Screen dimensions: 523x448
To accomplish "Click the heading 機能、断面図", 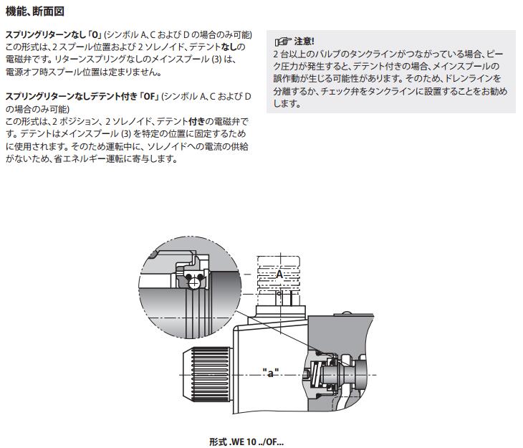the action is click(x=34, y=11).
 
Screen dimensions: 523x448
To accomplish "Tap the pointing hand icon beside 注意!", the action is click(x=283, y=42).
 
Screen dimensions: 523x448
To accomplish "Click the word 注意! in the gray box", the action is click(x=304, y=42).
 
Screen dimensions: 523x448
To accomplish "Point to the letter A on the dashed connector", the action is click(x=279, y=275).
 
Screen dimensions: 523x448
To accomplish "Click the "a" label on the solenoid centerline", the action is click(x=271, y=373).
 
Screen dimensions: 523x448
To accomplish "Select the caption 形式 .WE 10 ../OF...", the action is click(x=246, y=442).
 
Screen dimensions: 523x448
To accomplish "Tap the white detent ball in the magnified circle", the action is click(x=193, y=283).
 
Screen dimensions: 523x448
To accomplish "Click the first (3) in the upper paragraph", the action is click(x=216, y=59).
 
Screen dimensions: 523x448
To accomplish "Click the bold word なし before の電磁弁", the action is click(x=230, y=47).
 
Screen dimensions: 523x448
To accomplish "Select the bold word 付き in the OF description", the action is click(x=196, y=121).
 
